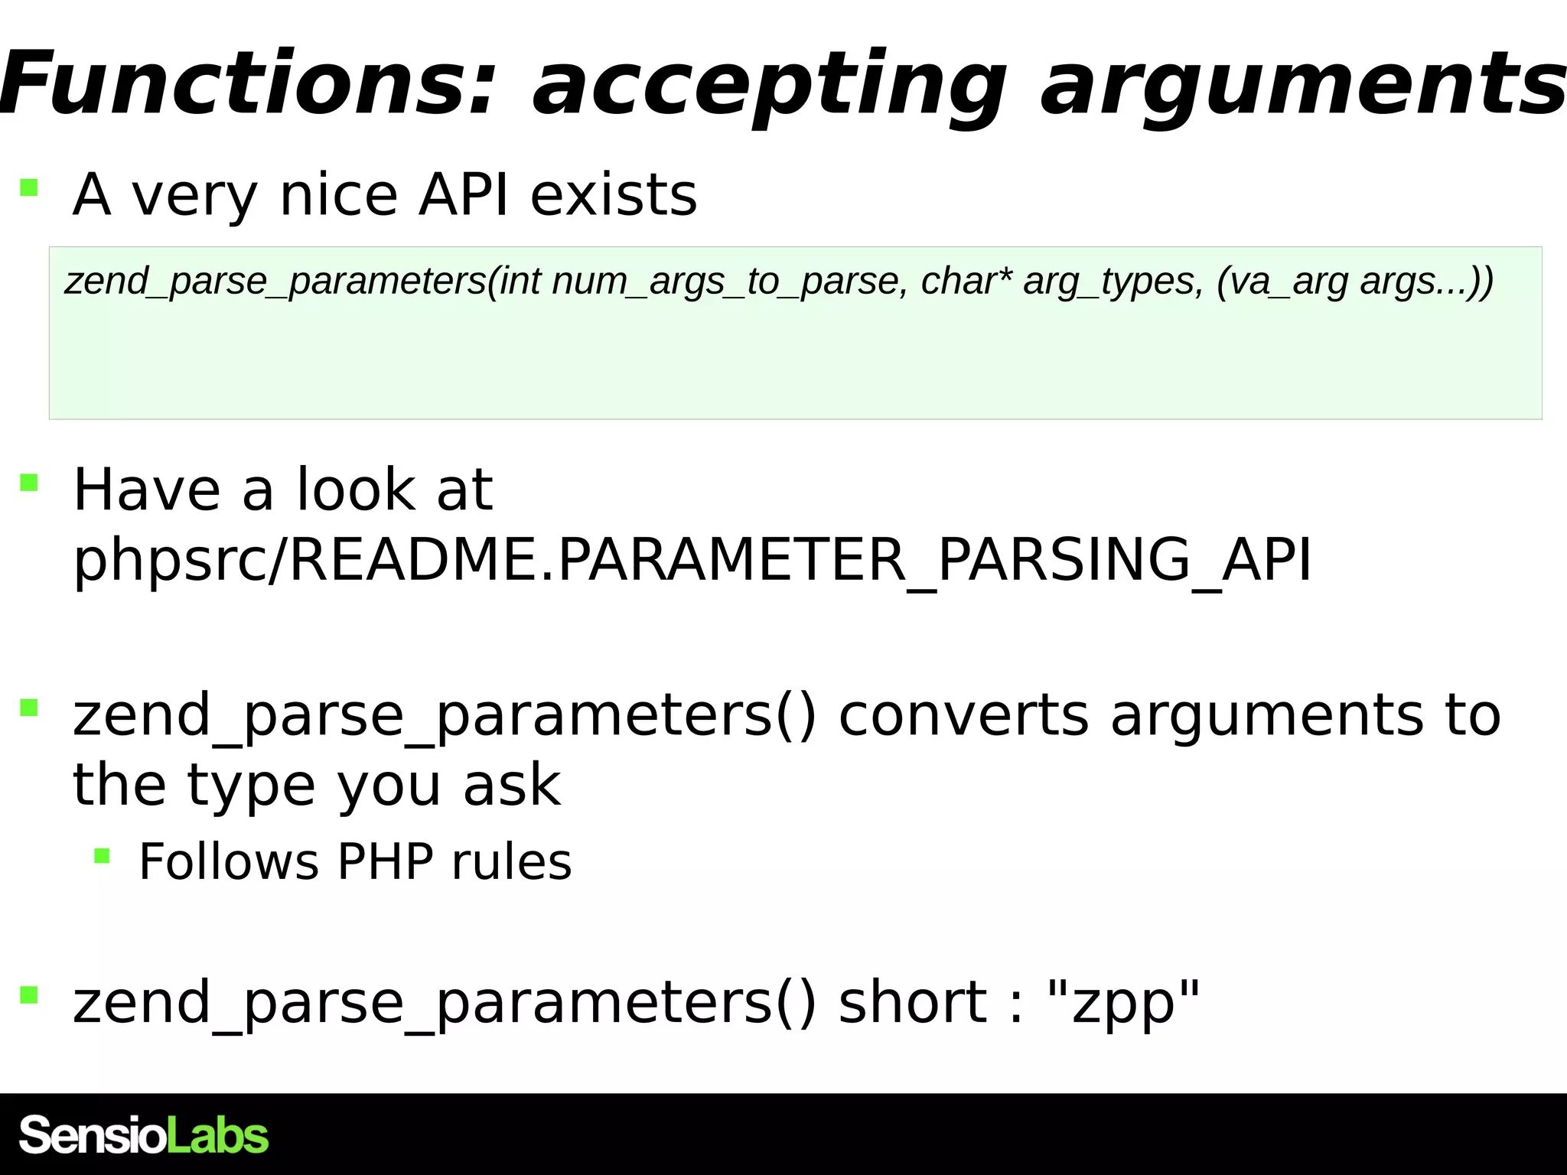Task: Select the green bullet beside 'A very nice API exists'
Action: (29, 187)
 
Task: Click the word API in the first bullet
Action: (464, 195)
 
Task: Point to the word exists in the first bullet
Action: (614, 195)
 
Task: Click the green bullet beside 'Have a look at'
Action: (29, 483)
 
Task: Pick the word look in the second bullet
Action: (356, 490)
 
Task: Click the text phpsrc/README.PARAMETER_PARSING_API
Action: (692, 561)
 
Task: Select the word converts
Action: (963, 715)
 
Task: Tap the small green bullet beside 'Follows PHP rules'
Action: (102, 855)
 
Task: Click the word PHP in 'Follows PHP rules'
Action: (385, 862)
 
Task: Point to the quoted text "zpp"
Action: (1122, 1002)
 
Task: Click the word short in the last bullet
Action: (913, 1002)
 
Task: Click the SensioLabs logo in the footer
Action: (144, 1134)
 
